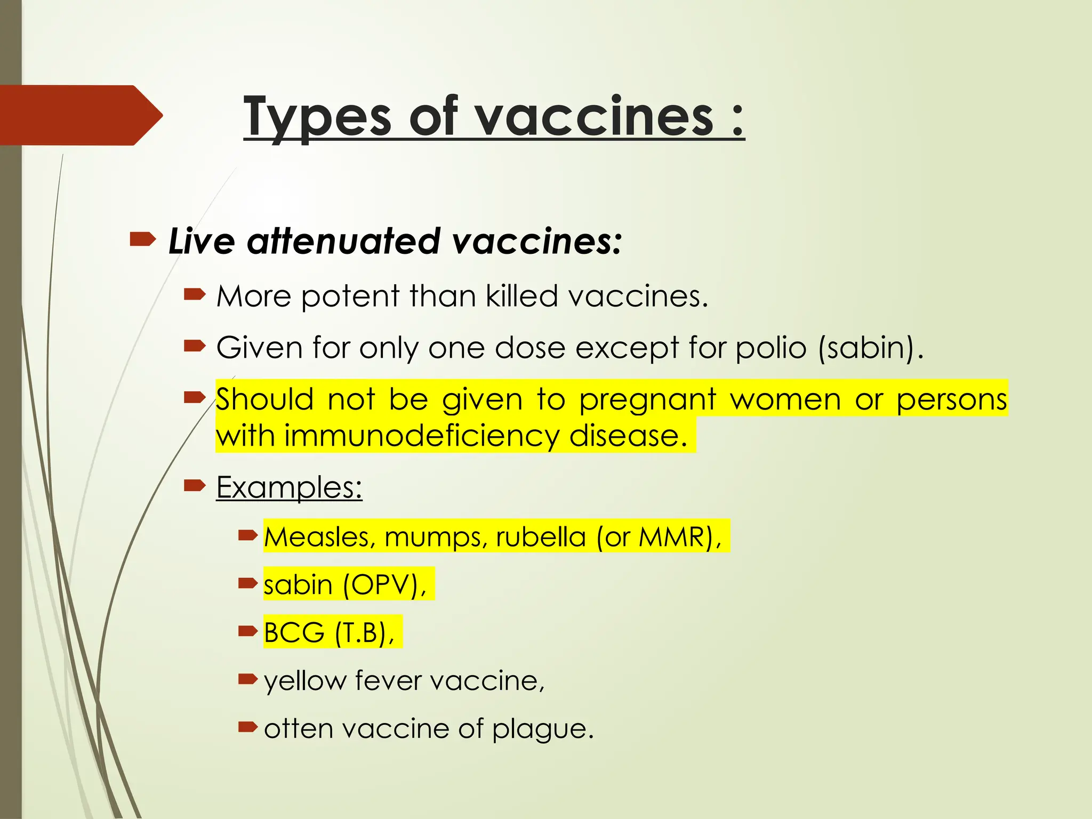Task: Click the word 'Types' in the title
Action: tap(317, 116)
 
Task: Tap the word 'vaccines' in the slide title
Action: tap(595, 116)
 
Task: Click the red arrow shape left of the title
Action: tap(80, 115)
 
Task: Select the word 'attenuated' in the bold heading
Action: tap(343, 241)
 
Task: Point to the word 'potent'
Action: tap(350, 297)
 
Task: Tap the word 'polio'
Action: tap(771, 348)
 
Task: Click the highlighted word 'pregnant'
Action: tap(647, 400)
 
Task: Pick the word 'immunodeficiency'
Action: tap(422, 436)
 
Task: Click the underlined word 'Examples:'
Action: tap(289, 487)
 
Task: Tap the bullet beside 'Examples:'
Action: tap(195, 485)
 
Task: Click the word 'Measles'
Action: tap(320, 536)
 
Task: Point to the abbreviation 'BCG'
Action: tap(294, 633)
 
